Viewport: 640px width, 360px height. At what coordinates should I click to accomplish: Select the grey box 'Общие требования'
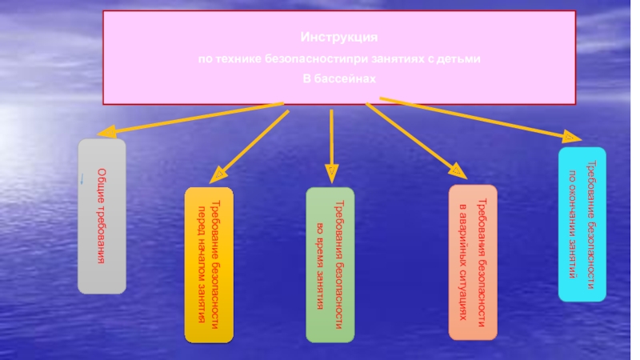click(x=102, y=216)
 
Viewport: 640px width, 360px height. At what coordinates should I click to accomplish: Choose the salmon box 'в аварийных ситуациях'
click(x=472, y=262)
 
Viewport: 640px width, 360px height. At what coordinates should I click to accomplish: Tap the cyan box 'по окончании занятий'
click(x=582, y=224)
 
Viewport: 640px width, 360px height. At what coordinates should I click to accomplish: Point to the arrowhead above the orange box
click(x=218, y=173)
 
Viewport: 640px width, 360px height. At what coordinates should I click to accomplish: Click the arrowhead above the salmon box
click(x=456, y=170)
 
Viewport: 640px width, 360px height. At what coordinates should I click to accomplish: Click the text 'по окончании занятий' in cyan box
click(x=573, y=224)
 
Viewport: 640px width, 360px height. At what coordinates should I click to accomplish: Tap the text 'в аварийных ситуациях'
click(x=462, y=262)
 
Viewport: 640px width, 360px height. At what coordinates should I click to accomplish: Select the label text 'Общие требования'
click(x=102, y=217)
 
